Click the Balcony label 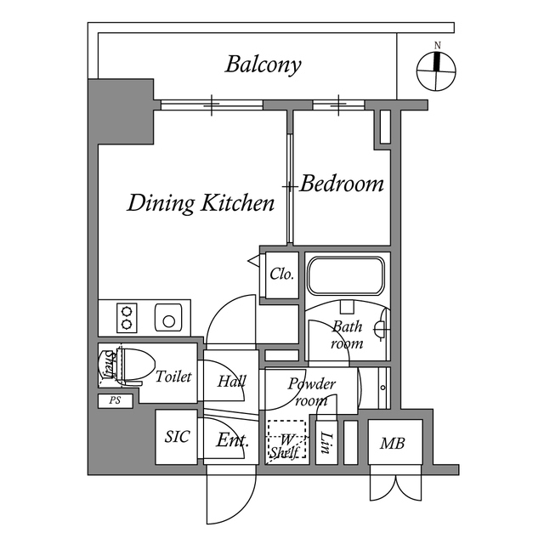click(x=263, y=65)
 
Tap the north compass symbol click(x=437, y=71)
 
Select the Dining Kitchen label click(x=201, y=203)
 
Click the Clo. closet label click(x=281, y=275)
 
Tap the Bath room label click(x=347, y=335)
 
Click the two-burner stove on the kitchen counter click(x=127, y=317)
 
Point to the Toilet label click(x=173, y=377)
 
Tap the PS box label click(x=115, y=400)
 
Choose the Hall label click(x=231, y=382)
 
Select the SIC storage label click(x=177, y=437)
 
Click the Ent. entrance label click(x=231, y=440)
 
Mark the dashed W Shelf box click(x=285, y=441)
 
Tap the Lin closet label click(x=326, y=442)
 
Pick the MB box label click(x=392, y=443)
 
